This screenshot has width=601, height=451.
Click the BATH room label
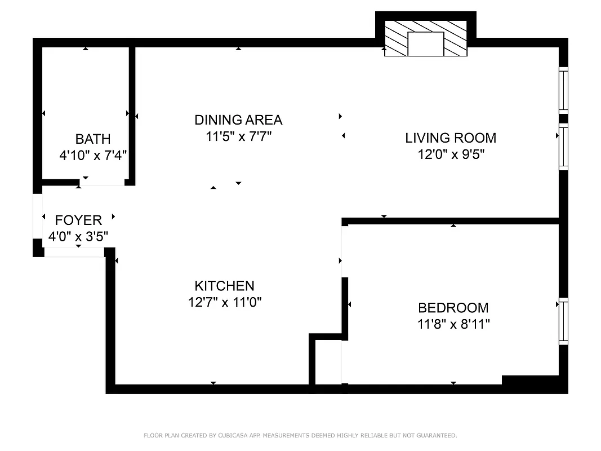[x=93, y=139]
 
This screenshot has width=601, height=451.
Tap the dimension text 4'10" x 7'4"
[x=93, y=156]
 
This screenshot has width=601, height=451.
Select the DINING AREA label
[x=238, y=120]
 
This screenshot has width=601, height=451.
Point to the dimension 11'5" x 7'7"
[x=239, y=136]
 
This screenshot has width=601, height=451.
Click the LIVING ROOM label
[x=451, y=138]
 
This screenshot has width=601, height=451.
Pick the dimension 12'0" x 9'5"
[x=451, y=154]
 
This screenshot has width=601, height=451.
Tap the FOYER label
[x=78, y=220]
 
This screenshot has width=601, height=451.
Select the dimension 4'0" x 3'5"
[x=78, y=236]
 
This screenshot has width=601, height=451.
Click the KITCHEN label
[x=224, y=286]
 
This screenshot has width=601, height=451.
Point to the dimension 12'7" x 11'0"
[x=225, y=302]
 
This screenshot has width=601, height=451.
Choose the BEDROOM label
[x=453, y=308]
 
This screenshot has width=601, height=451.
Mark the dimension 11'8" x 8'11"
[x=453, y=324]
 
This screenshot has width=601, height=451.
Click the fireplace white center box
[x=425, y=44]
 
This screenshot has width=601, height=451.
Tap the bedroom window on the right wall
[x=563, y=321]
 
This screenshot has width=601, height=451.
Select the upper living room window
[x=563, y=89]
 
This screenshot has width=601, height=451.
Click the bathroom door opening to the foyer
[x=102, y=182]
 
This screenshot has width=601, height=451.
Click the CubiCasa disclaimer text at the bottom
[x=300, y=435]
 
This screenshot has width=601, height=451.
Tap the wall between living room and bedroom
[x=451, y=221]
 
